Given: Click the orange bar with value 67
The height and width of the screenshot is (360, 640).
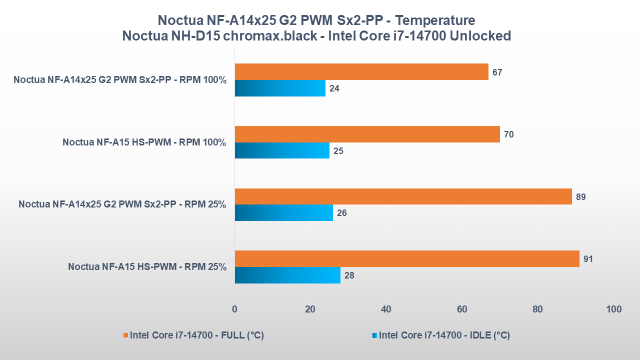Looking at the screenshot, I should [x=361, y=72].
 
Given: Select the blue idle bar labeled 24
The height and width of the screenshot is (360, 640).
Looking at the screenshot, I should [x=280, y=88].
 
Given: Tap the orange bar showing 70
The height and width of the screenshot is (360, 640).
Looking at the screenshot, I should [x=367, y=134].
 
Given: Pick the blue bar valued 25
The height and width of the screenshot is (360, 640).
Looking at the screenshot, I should [x=282, y=150].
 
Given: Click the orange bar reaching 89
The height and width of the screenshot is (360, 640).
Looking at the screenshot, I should [x=403, y=196].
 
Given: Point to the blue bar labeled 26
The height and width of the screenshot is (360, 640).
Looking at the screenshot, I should [x=283, y=213].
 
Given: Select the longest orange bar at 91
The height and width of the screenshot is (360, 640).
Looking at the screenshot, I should [x=407, y=259].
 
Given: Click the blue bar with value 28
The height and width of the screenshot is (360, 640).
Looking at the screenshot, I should [x=287, y=275].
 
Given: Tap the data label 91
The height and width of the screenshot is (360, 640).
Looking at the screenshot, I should [x=589, y=259].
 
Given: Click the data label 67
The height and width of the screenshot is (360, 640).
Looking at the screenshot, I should [x=497, y=72].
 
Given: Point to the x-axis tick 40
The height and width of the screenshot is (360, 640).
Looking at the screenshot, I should [x=386, y=309].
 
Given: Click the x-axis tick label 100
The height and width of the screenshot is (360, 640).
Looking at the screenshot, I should [x=613, y=309].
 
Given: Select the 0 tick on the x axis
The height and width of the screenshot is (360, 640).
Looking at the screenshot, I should [x=234, y=309].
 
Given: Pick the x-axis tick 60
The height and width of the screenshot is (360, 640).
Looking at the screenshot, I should [x=462, y=309].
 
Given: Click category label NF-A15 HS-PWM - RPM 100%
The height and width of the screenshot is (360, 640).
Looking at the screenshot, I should [x=144, y=142].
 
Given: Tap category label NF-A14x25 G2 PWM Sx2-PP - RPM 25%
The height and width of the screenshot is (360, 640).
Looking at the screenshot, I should [x=122, y=204].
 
